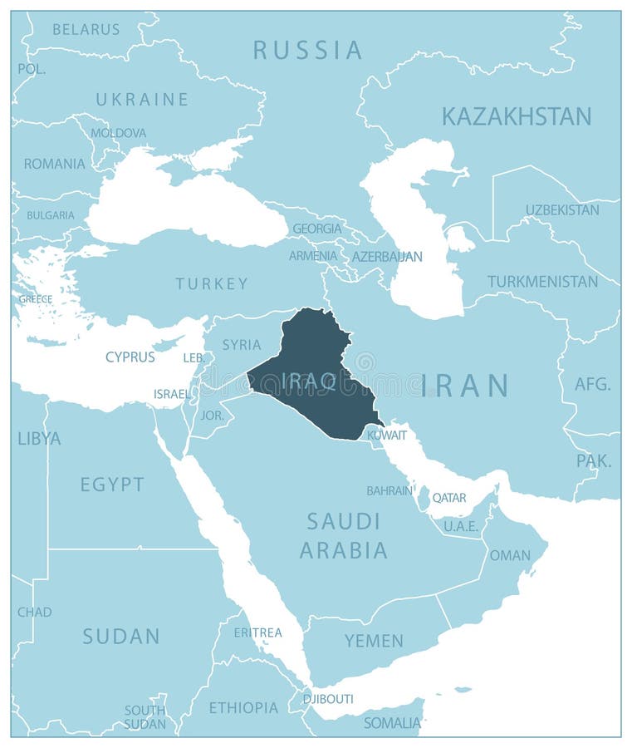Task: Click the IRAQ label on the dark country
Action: (x=309, y=381)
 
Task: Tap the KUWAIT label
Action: (x=387, y=435)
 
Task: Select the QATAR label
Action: (x=449, y=498)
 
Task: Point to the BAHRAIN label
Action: (x=389, y=490)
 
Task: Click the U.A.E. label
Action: (x=461, y=526)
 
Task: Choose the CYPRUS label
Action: (x=130, y=357)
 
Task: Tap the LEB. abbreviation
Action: (x=193, y=357)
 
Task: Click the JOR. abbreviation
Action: (x=213, y=414)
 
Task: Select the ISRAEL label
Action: (x=171, y=393)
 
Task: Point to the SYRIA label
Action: (x=242, y=344)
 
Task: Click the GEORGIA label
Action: (x=316, y=228)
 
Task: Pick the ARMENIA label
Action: (x=313, y=256)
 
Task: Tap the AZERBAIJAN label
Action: (x=387, y=257)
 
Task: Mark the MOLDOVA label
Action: (x=118, y=133)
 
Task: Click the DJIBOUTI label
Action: (x=328, y=699)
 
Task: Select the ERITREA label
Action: (x=257, y=632)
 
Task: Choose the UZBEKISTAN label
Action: (x=562, y=210)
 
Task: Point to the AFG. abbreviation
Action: (x=592, y=384)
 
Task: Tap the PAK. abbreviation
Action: (x=594, y=460)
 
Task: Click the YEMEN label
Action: (x=375, y=641)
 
